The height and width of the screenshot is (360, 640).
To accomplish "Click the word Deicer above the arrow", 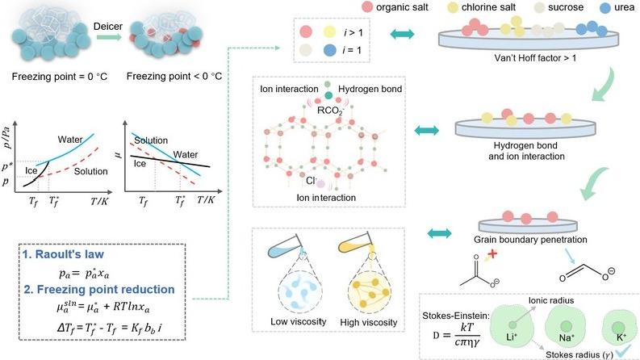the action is [108, 27].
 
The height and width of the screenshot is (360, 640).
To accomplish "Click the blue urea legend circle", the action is [606, 8].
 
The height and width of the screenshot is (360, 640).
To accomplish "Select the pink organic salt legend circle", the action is [367, 7].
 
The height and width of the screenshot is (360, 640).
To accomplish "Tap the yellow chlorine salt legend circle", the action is [453, 8].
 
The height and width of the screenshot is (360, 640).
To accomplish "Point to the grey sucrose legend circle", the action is [539, 8].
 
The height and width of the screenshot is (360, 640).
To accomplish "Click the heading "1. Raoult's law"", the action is [63, 254].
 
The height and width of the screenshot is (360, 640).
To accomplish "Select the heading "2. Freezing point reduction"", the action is [99, 290].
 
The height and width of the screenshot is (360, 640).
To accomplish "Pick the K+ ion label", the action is [621, 337].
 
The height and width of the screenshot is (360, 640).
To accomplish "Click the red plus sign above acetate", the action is [492, 254].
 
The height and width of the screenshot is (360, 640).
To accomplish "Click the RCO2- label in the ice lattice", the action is [330, 111].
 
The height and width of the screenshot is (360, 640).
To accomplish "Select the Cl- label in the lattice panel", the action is [311, 181].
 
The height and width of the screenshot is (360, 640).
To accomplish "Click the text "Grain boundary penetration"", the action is [530, 240].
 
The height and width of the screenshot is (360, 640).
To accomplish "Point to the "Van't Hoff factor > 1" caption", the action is [535, 58].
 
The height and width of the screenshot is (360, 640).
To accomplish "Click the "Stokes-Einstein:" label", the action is [455, 316].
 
